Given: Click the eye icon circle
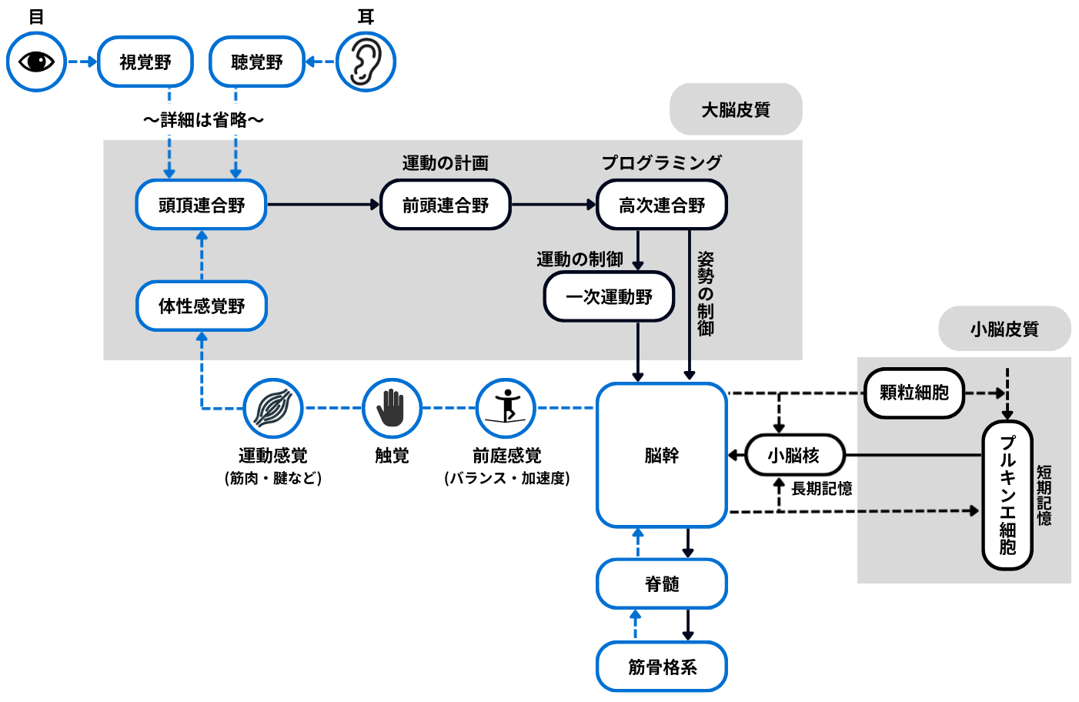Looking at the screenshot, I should (36, 62).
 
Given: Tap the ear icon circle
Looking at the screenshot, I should (366, 62).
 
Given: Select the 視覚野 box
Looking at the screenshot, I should (145, 62).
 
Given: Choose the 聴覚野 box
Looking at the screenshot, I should (257, 62).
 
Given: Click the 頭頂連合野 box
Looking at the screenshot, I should (201, 205).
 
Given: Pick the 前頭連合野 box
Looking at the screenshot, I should (446, 205).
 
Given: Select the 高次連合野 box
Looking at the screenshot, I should (662, 205).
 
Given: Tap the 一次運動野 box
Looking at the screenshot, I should (609, 296).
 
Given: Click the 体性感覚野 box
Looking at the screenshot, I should (201, 306).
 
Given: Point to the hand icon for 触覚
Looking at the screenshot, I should (392, 408).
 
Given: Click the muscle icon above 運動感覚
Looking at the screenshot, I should (273, 408).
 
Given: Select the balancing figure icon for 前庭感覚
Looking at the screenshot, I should (506, 408).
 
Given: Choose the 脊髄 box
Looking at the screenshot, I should (662, 583).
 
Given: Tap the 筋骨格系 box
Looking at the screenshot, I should (662, 667).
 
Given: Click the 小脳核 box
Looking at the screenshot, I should (793, 455).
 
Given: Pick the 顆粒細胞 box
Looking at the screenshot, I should (914, 393).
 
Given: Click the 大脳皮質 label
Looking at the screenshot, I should (736, 109).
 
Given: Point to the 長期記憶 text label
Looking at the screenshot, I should (822, 488).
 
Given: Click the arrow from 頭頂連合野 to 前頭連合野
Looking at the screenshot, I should (323, 205).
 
